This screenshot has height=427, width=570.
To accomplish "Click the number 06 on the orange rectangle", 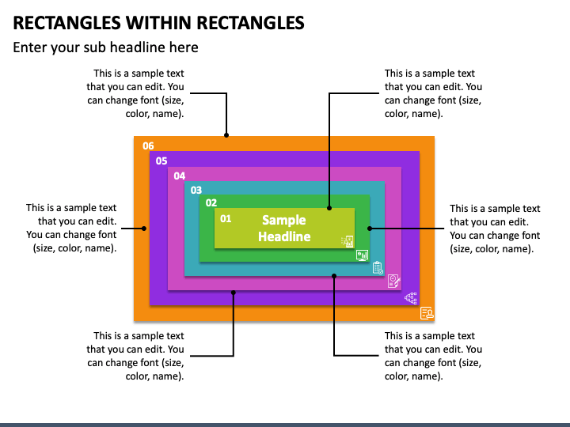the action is (148, 146).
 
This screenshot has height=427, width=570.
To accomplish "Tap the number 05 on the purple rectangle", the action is (161, 161).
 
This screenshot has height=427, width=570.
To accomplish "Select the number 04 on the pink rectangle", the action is (180, 176).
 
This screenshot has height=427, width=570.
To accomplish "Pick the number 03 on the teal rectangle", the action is (196, 191).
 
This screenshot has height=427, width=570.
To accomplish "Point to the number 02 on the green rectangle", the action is (211, 202).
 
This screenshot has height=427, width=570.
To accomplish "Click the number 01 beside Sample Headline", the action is (226, 218).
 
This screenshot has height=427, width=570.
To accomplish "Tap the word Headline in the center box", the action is (284, 236).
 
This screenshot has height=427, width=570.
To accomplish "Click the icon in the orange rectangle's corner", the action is (427, 312).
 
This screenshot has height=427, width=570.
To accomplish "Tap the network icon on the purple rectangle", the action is (411, 298).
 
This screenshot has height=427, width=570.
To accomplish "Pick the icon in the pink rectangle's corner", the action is (394, 281).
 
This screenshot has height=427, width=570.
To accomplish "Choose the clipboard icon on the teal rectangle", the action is (378, 268).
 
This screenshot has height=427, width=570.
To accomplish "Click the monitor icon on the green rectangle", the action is (362, 255).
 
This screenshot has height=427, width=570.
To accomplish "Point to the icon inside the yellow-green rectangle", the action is (348, 241).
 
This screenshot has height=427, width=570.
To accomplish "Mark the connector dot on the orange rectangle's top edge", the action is (226, 135).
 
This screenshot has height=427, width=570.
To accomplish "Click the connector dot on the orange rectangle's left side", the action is (144, 229).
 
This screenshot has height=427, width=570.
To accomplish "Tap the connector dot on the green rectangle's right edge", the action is (370, 229).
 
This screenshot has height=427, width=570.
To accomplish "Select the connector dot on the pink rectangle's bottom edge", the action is (234, 293).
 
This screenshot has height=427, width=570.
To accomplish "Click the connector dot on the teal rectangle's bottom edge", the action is (334, 276).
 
